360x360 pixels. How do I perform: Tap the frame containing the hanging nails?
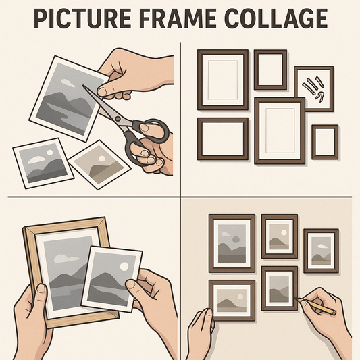click(313, 88)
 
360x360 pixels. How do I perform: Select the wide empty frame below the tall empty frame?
click(222, 139)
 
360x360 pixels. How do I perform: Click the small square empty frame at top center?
click(271, 69)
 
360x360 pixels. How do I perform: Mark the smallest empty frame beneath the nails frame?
click(325, 141)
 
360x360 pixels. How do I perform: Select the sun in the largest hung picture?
click(234, 238)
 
